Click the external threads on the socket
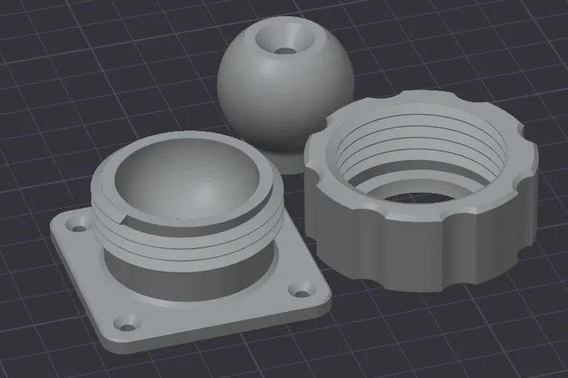185,237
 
